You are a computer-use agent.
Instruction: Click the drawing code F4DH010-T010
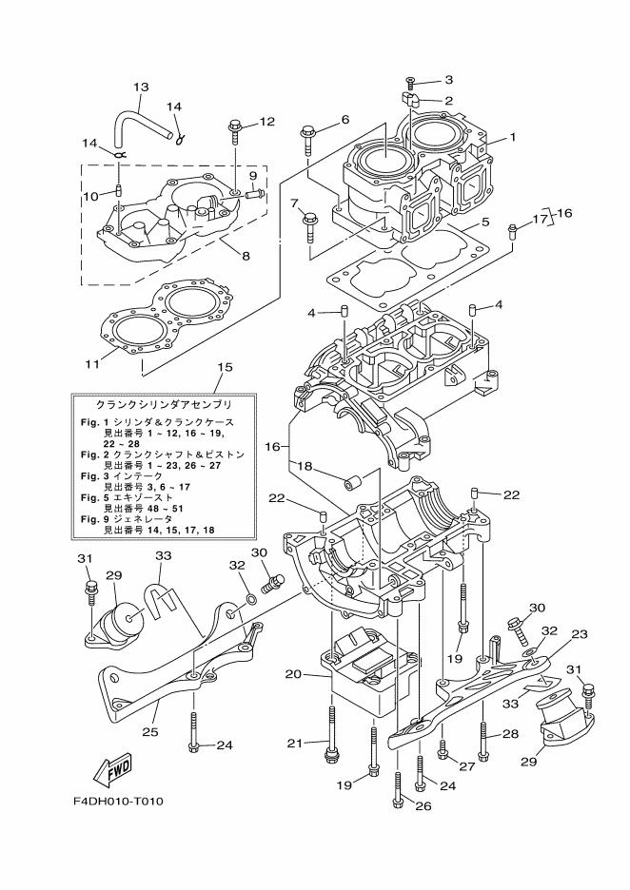tap(118, 801)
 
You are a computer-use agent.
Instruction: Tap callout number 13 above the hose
tap(140, 87)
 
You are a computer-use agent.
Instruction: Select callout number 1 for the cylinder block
tap(512, 137)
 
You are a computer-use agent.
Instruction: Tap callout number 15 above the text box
tap(225, 366)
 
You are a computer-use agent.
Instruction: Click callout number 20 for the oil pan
tap(293, 673)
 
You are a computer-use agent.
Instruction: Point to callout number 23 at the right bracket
tap(580, 634)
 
